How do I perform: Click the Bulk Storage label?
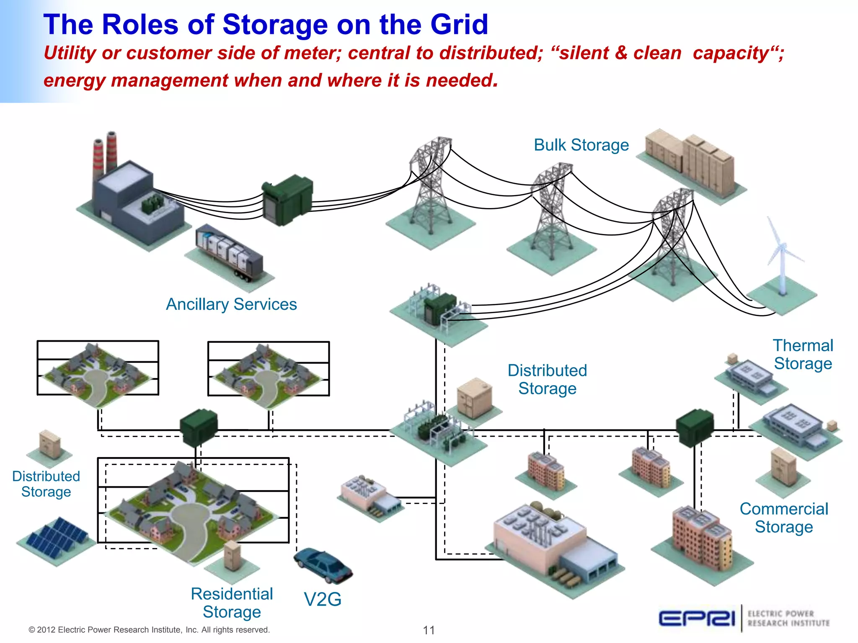click(581, 145)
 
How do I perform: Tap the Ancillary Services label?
click(231, 304)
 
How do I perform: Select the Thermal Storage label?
click(803, 355)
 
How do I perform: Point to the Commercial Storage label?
click(784, 518)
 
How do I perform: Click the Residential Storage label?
click(232, 603)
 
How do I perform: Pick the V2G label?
click(322, 599)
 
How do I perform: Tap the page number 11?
click(429, 630)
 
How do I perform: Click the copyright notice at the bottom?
click(149, 630)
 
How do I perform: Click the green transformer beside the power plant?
click(287, 199)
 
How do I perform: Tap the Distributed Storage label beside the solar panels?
click(46, 484)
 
